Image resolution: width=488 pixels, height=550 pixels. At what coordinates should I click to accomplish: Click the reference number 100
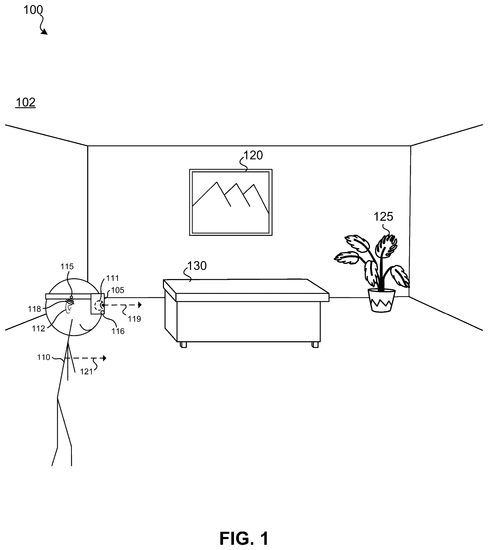[33, 10]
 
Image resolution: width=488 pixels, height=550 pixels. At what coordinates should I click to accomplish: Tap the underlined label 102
[26, 103]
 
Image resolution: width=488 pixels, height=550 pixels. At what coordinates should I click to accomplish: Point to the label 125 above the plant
[383, 217]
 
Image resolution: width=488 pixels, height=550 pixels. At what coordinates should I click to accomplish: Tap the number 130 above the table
[197, 266]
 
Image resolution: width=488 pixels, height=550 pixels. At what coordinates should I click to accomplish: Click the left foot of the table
[183, 345]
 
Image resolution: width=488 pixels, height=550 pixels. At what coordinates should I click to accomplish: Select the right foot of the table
[315, 345]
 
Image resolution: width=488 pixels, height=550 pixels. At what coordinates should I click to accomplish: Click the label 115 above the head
[67, 266]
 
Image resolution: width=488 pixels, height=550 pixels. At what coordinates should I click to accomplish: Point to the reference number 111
[112, 278]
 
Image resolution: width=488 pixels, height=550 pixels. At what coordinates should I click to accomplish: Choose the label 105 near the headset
[118, 290]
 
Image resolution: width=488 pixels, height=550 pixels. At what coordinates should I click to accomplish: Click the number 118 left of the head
[34, 309]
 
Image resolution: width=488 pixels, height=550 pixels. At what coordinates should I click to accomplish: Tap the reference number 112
[39, 328]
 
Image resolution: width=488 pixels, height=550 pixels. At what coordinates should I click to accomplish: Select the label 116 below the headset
[118, 331]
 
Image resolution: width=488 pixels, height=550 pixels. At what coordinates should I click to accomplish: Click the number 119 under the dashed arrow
[134, 319]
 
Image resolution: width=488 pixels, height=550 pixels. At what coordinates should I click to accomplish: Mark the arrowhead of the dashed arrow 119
[140, 305]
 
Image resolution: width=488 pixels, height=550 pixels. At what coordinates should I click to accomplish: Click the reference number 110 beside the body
[43, 357]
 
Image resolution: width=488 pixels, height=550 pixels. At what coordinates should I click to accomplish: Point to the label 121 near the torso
[86, 372]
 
